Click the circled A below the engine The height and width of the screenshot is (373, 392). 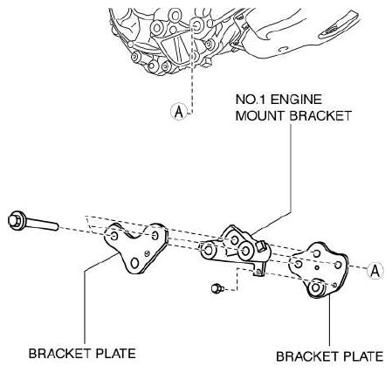tap(178, 111)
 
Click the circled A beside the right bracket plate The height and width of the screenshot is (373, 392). tap(375, 271)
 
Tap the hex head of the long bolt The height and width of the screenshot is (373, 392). tap(16, 221)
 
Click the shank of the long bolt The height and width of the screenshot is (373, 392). tap(43, 224)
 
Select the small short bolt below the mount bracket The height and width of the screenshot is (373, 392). tap(217, 288)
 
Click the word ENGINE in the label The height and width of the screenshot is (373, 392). tap(296, 100)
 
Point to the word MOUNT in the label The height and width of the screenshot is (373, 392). tap(259, 116)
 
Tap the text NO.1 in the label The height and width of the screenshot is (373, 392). tap(251, 100)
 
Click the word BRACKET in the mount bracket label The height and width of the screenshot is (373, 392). tap(320, 116)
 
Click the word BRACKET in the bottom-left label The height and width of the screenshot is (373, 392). tap(59, 354)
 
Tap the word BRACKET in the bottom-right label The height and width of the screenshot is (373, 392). tap(307, 356)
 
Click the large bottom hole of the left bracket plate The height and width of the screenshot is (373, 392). tap(134, 263)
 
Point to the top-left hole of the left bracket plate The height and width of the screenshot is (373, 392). tap(114, 236)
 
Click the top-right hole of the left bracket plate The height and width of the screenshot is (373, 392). tap(155, 235)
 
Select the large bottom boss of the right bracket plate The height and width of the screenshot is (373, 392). tap(316, 288)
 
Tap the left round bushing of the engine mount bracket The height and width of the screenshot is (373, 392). tap(209, 251)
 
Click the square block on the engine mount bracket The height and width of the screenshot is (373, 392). tap(261, 245)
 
